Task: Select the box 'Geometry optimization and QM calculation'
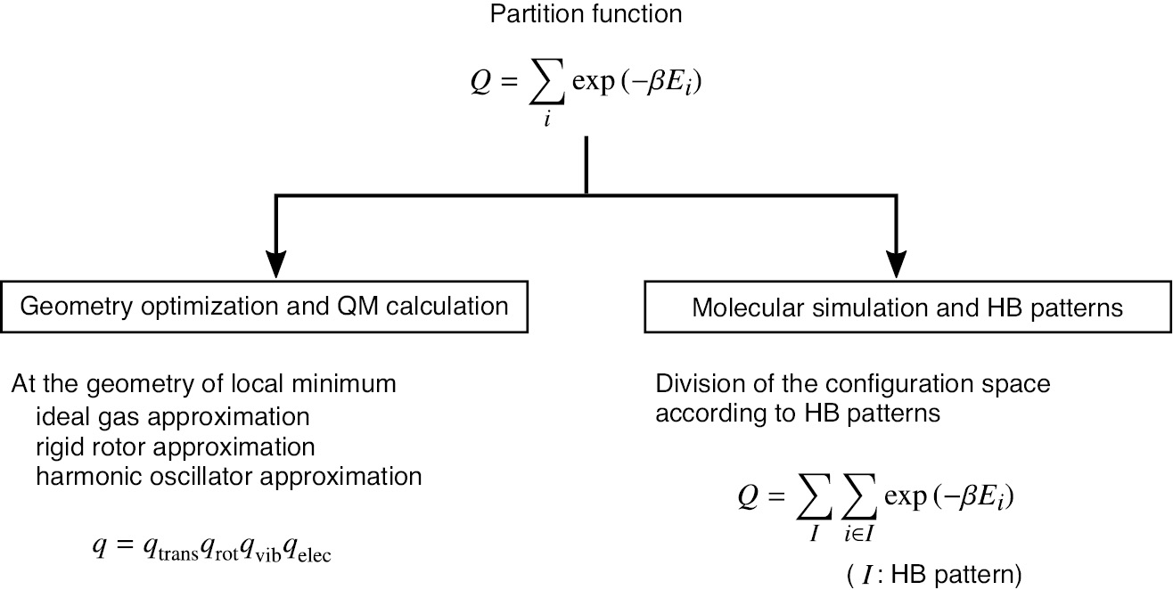(265, 307)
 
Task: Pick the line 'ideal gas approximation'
(173, 416)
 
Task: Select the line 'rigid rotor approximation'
(176, 446)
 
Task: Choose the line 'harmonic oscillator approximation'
(229, 476)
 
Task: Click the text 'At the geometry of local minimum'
(204, 386)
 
